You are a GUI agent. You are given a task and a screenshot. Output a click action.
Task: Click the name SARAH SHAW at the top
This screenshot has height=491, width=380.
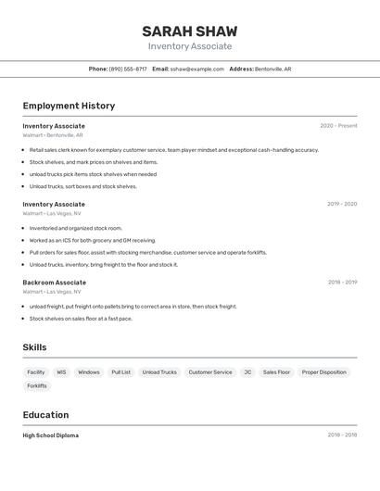click(x=189, y=31)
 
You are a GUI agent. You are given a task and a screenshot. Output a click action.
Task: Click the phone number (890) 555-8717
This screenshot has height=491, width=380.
click(x=128, y=69)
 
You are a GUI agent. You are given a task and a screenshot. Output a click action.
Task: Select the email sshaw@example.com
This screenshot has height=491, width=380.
click(x=196, y=69)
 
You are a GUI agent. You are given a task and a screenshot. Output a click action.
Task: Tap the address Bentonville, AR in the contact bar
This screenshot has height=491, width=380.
click(x=272, y=69)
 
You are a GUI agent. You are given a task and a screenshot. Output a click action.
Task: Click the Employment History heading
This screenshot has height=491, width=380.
click(x=69, y=106)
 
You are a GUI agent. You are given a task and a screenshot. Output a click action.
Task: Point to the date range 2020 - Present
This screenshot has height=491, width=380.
click(x=338, y=126)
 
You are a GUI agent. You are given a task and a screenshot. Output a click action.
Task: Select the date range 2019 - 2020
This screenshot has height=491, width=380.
click(x=341, y=204)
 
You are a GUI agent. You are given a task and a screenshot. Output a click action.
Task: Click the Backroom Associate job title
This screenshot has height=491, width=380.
click(x=54, y=283)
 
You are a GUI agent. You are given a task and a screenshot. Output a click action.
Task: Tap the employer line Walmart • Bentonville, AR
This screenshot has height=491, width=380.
click(x=53, y=135)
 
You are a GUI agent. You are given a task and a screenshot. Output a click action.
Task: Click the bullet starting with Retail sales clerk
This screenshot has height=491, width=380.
click(x=173, y=150)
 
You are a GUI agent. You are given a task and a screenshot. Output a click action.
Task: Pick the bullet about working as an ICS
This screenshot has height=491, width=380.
click(x=93, y=240)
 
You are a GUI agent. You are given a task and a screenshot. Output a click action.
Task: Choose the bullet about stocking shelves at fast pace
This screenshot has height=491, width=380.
click(x=81, y=319)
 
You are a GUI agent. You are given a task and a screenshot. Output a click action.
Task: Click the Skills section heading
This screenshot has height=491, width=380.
click(x=34, y=347)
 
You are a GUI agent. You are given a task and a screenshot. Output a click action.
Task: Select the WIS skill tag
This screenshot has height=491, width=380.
click(x=61, y=372)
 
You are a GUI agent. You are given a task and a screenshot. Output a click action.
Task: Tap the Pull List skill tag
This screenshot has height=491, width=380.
click(x=120, y=372)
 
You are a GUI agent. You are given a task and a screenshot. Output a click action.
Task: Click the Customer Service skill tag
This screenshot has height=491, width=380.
click(x=210, y=372)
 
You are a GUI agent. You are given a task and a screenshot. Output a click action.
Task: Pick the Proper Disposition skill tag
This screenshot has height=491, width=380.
click(x=324, y=372)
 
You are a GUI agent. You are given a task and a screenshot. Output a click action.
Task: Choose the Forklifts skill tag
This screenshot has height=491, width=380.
click(x=37, y=386)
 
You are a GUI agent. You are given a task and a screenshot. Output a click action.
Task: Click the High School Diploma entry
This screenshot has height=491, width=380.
click(x=50, y=435)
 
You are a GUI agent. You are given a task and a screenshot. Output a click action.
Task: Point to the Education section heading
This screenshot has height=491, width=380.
click(x=45, y=415)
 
